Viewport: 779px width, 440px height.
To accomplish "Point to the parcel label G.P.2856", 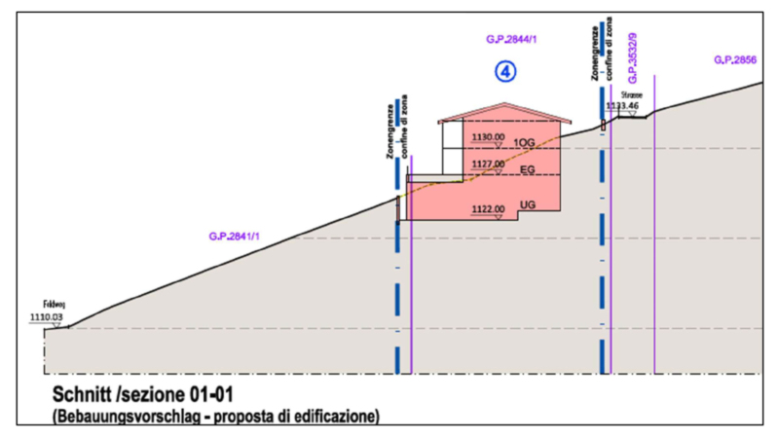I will [x=735, y=60].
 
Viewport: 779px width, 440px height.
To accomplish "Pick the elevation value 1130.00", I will [x=487, y=137].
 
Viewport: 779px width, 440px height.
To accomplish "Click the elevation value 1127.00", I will [x=487, y=165].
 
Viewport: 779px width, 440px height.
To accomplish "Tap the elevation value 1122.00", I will [x=487, y=208].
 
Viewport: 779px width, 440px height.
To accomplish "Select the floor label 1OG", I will [x=525, y=143].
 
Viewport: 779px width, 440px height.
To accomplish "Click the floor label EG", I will [x=528, y=170].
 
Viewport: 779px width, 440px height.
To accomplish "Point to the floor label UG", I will [x=528, y=205].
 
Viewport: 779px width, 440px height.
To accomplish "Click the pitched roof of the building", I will [x=504, y=116].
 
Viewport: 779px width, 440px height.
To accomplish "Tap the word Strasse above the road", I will [x=632, y=95].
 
